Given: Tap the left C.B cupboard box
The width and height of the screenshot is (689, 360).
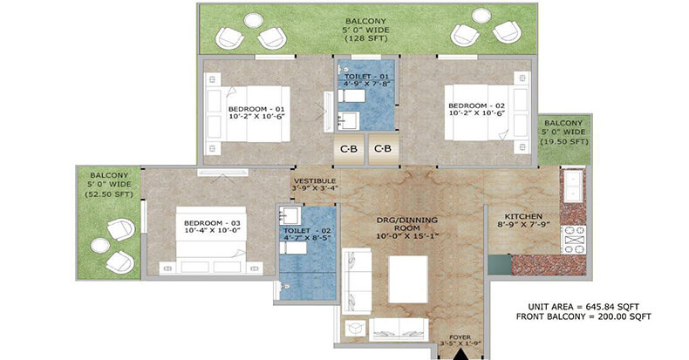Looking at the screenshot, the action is (349, 149).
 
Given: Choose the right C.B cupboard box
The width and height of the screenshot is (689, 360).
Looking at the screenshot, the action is (383, 149).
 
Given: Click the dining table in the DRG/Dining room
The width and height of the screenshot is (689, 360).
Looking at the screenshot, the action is (408, 279).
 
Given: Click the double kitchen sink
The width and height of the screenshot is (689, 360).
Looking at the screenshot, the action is (573, 186).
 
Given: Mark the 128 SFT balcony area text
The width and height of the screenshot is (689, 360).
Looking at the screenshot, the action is (366, 38).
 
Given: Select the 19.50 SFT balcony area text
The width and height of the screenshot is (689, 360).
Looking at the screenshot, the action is (563, 141).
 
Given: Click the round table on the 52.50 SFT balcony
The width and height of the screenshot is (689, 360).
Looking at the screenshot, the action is (100, 246).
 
